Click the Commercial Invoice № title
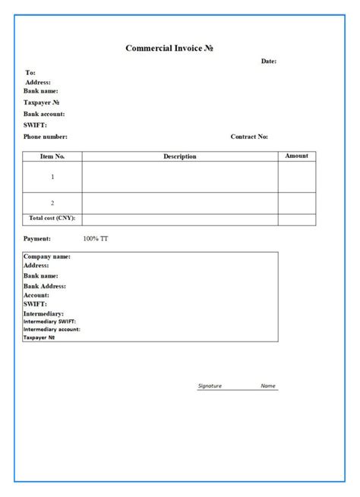click(169, 49)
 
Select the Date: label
click(269, 61)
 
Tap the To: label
click(30, 73)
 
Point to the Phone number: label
click(46, 137)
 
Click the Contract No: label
click(249, 137)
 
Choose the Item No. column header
click(52, 156)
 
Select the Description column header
click(180, 156)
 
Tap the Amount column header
click(296, 156)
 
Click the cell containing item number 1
click(52, 177)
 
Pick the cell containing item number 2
click(52, 203)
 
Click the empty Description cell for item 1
click(180, 177)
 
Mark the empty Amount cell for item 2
click(296, 203)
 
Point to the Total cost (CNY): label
click(52, 219)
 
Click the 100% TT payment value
click(96, 238)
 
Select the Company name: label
click(47, 256)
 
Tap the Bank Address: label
click(45, 286)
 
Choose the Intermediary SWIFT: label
click(49, 321)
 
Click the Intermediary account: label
click(52, 329)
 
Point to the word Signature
click(210, 385)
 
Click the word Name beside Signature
click(268, 385)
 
